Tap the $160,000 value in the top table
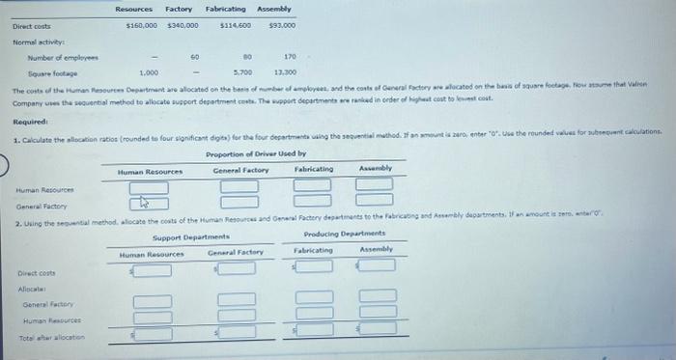(143, 24)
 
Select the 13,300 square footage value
(287, 72)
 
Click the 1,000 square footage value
(149, 72)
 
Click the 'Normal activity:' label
(35, 42)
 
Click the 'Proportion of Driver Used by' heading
(256, 154)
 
